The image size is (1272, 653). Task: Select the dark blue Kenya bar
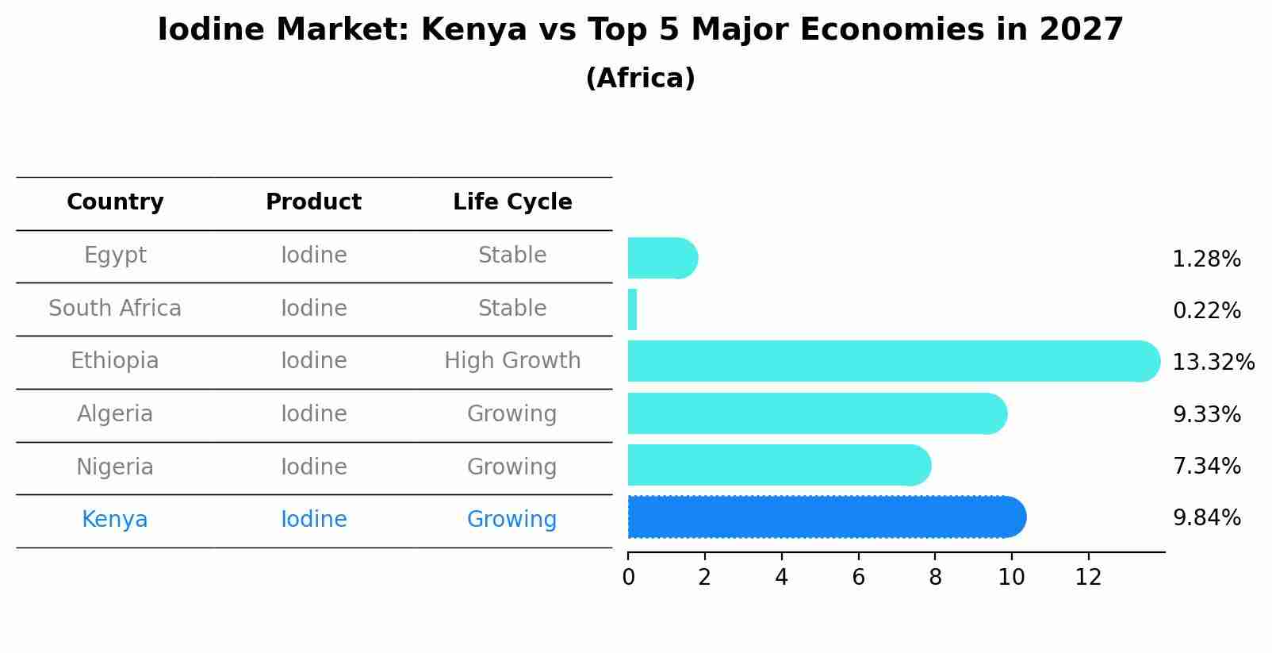pyautogui.click(x=825, y=517)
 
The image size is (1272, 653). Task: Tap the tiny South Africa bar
pyautogui.click(x=632, y=309)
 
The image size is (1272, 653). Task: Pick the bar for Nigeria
pyautogui.click(x=777, y=465)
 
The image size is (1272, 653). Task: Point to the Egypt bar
pyautogui.click(x=661, y=259)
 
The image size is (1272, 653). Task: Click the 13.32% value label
pyautogui.click(x=1213, y=363)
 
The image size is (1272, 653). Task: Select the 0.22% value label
pyautogui.click(x=1206, y=311)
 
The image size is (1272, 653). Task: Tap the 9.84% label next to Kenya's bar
pyautogui.click(x=1206, y=518)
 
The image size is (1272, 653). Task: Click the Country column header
pyautogui.click(x=115, y=202)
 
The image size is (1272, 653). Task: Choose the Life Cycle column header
pyautogui.click(x=512, y=202)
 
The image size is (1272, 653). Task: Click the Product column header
pyautogui.click(x=313, y=202)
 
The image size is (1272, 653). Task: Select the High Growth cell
pyautogui.click(x=512, y=361)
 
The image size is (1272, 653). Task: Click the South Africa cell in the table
pyautogui.click(x=115, y=308)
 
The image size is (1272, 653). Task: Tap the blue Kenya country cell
pyautogui.click(x=115, y=520)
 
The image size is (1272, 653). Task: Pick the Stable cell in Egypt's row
pyautogui.click(x=512, y=255)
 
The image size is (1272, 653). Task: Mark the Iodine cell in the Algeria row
pyautogui.click(x=313, y=414)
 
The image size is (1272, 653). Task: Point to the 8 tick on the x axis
pyautogui.click(x=935, y=578)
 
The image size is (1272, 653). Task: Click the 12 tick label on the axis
pyautogui.click(x=1088, y=578)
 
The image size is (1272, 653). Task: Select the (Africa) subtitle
pyautogui.click(x=640, y=79)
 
